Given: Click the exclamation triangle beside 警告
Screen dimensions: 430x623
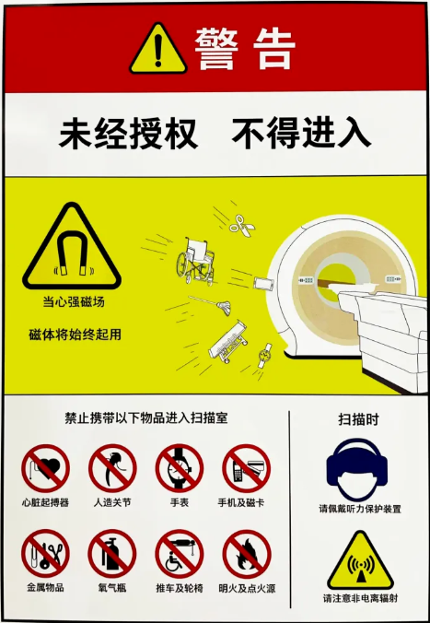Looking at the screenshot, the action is (x=158, y=50).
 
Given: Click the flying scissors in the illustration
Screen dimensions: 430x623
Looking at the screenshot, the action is (x=242, y=226).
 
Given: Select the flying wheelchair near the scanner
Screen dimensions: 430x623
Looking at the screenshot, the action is (x=195, y=261).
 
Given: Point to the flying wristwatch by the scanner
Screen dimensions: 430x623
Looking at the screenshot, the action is (x=264, y=355).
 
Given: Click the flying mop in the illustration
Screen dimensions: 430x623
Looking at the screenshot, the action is (x=212, y=304).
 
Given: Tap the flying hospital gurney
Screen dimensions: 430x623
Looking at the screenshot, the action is (x=228, y=342).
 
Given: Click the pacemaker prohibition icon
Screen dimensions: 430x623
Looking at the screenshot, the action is (x=45, y=468).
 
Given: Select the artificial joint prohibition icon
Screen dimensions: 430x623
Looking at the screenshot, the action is (x=112, y=468).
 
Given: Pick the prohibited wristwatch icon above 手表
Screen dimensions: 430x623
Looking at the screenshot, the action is (x=179, y=468).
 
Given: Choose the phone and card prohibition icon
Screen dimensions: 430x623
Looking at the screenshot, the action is (x=246, y=468).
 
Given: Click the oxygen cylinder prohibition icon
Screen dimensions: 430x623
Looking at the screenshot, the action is (x=112, y=554).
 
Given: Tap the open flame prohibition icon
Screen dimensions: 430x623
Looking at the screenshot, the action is (x=247, y=554).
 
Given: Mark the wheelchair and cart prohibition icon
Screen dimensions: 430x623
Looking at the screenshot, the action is (x=179, y=554).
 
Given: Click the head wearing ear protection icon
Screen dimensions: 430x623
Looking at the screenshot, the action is (x=357, y=470).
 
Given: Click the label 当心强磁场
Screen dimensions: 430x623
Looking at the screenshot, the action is (x=74, y=301).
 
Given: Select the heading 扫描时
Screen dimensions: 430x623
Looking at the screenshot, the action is (x=358, y=419).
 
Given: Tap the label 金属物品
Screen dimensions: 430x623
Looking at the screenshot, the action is (x=45, y=587).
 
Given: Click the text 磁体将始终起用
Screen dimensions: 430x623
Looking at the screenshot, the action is (x=75, y=335).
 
